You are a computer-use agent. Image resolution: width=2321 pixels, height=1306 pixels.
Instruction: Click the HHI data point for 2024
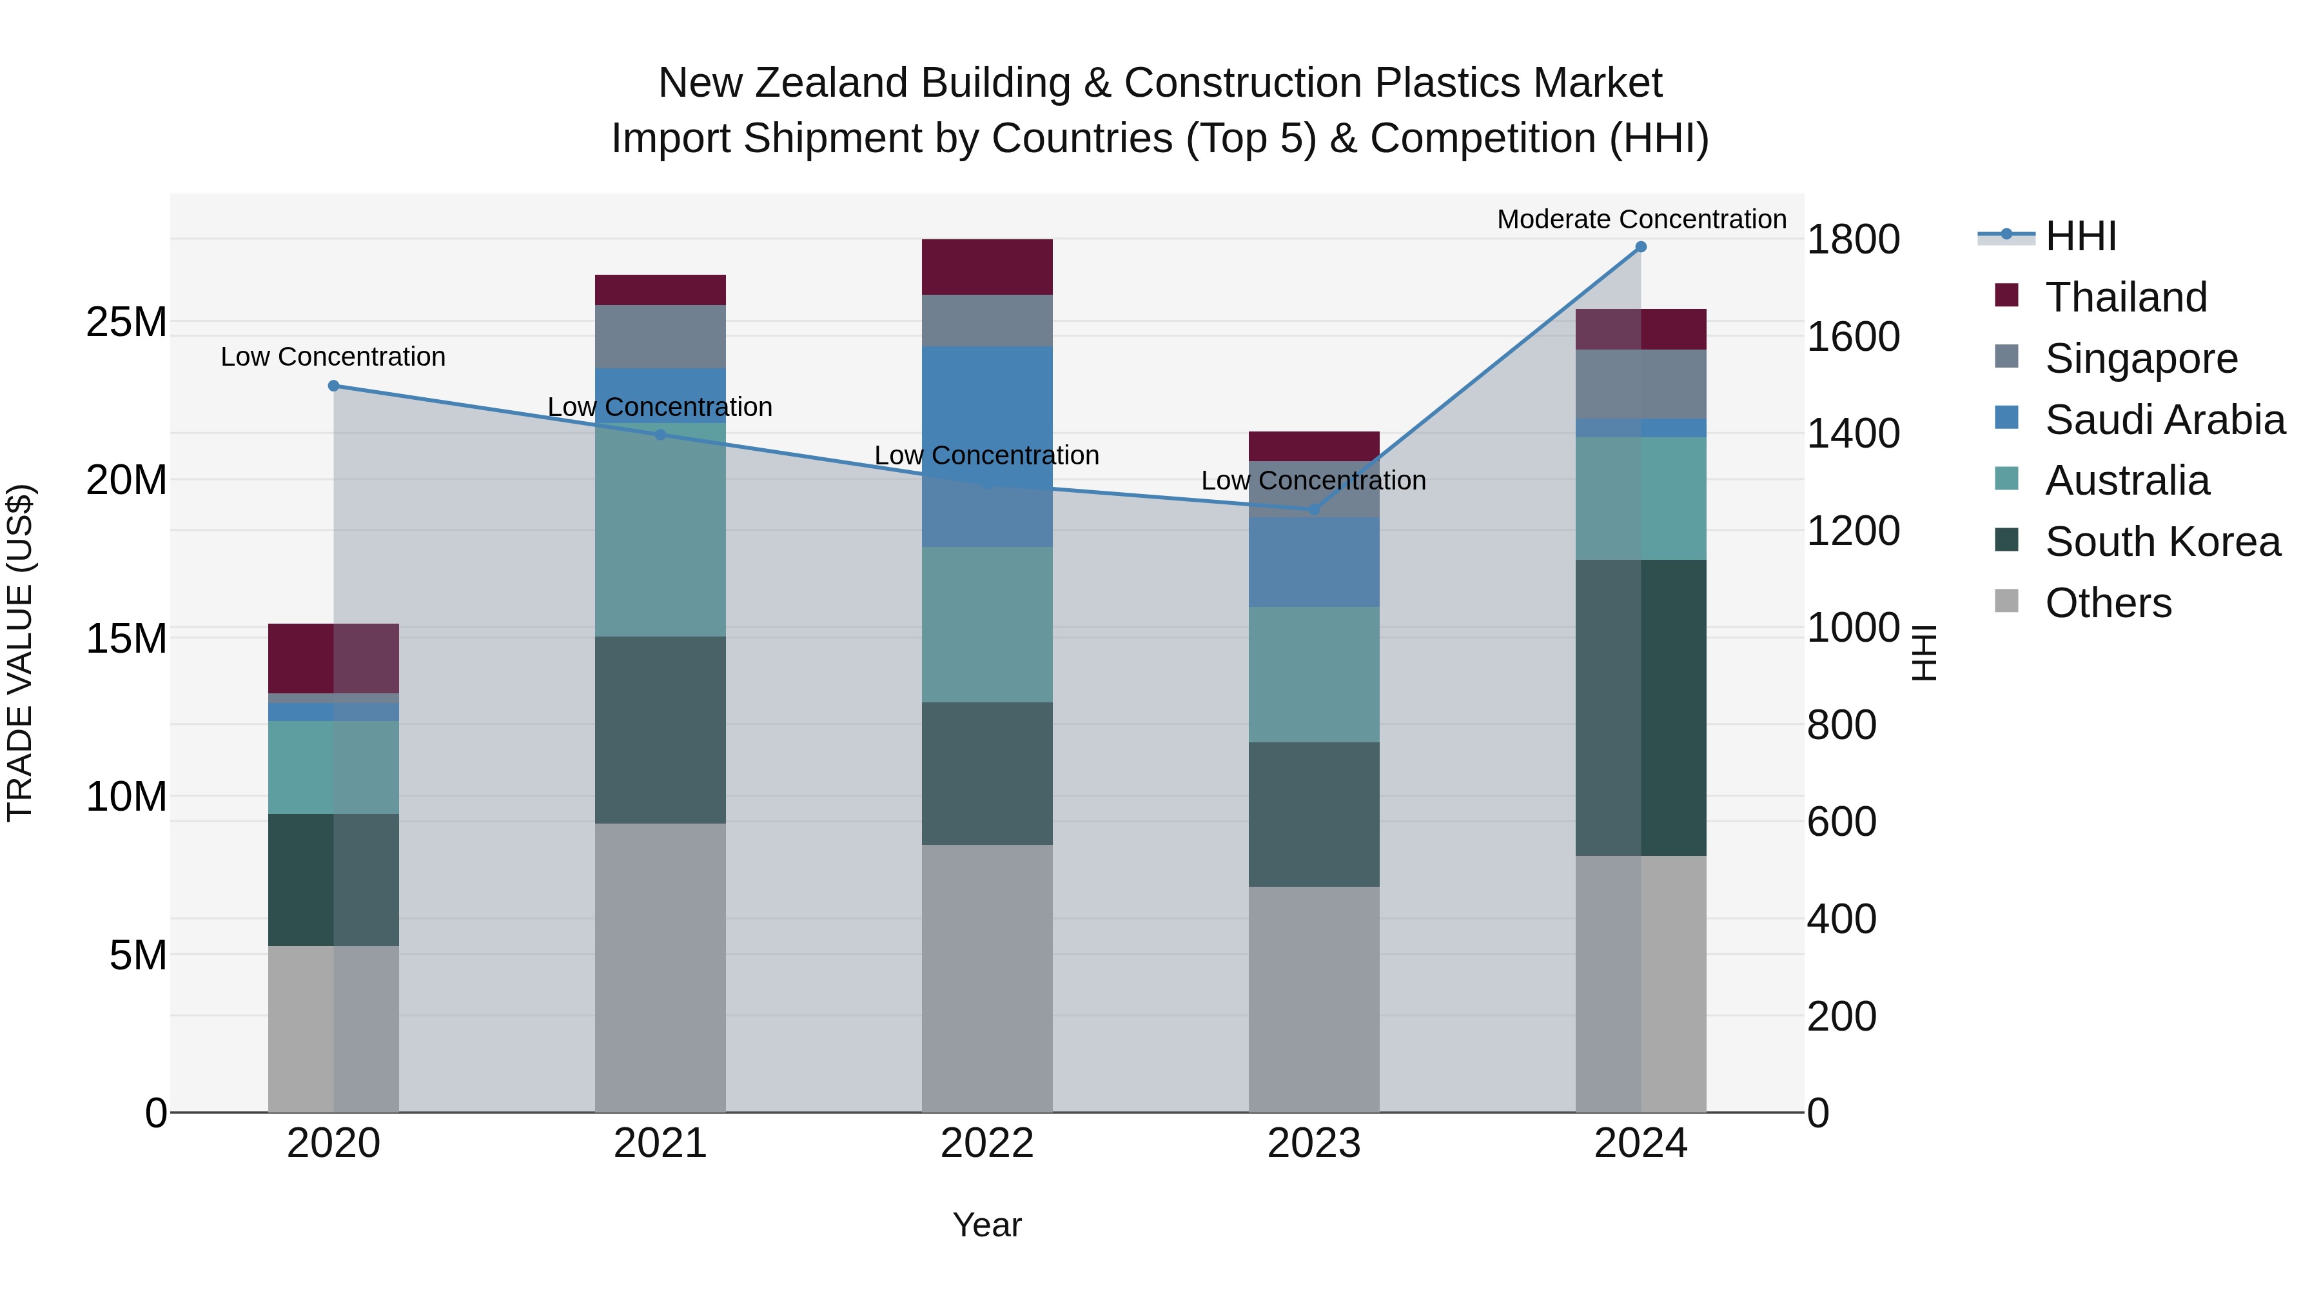pos(1641,247)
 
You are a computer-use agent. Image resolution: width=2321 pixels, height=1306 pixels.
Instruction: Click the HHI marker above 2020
pos(333,386)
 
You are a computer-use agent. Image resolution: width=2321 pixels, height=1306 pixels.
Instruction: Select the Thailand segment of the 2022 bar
pos(986,267)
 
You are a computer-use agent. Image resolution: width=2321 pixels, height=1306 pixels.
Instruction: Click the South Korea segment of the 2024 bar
pos(1641,707)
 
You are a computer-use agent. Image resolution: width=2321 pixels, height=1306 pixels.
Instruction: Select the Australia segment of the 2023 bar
pos(1314,674)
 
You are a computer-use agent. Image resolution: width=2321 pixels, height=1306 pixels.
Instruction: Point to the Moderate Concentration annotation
pos(1641,219)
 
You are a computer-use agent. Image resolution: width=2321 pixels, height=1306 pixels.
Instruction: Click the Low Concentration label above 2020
pos(333,357)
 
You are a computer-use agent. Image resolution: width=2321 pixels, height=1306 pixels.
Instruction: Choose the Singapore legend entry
pos(2140,359)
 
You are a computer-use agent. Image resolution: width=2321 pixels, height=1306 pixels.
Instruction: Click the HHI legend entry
pos(2081,236)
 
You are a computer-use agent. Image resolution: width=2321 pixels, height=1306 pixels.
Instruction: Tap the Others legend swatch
pos(2006,601)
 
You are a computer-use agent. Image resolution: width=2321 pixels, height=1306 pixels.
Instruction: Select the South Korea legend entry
pos(2162,542)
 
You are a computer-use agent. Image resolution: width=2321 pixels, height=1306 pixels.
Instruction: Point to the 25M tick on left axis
pos(126,322)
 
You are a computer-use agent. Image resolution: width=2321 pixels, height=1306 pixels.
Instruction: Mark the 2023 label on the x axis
pos(1314,1143)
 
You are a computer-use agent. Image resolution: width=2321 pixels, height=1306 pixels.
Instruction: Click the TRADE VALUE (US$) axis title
pos(21,653)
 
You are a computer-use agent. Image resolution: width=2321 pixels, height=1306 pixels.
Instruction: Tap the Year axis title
pos(986,1225)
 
